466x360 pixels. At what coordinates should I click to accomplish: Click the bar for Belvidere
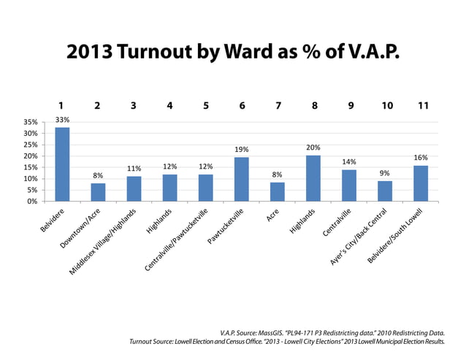(x=62, y=164)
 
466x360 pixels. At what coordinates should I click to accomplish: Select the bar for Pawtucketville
(x=242, y=180)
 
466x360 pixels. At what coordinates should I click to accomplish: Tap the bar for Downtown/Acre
(x=98, y=192)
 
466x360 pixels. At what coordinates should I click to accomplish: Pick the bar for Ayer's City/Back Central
(x=385, y=191)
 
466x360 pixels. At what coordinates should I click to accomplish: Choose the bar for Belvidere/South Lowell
(x=421, y=183)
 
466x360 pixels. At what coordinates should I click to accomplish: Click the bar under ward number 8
(x=313, y=178)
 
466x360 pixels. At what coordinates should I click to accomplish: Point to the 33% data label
(x=62, y=119)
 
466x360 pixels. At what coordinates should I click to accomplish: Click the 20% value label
(x=313, y=148)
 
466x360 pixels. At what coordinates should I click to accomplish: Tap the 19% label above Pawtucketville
(x=242, y=150)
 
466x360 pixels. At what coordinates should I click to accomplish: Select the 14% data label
(x=349, y=161)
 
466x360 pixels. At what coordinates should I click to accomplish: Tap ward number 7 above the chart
(x=278, y=106)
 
